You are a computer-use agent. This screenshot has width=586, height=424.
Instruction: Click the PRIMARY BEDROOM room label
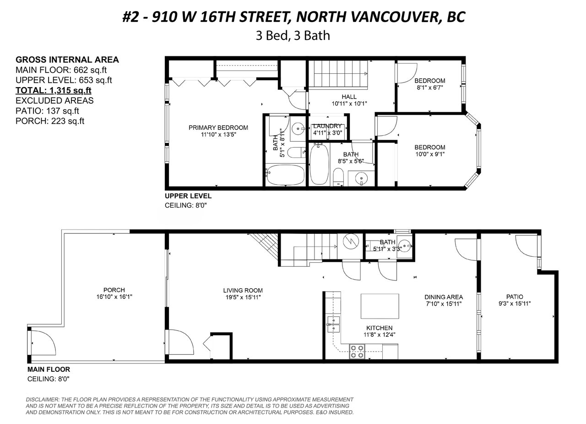point(218,127)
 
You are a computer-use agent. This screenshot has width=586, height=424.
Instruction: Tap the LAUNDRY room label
point(327,126)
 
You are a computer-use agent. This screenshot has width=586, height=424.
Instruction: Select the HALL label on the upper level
point(349,97)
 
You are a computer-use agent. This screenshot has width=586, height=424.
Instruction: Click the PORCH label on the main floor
point(114,290)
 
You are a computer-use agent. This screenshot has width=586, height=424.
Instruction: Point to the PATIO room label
point(515,297)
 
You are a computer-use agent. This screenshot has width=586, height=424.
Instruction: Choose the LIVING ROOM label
point(243,290)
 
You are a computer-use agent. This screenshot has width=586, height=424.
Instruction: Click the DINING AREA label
point(444,297)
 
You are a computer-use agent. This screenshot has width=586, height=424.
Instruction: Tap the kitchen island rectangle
point(380,306)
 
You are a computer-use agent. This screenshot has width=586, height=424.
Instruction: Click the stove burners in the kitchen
point(357,351)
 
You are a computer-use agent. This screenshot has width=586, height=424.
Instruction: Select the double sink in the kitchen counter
point(334,324)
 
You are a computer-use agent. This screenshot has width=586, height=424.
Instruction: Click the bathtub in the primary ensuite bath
point(285,175)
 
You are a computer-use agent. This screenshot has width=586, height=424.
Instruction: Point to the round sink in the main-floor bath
point(405,246)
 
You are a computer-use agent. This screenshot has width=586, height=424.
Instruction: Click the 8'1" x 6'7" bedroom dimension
point(429,88)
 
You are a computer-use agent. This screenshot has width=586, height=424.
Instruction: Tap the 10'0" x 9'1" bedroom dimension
point(430,154)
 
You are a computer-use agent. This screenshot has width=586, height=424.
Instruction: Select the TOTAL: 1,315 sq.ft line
point(54,90)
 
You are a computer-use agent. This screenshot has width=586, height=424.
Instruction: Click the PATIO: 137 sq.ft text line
point(47,111)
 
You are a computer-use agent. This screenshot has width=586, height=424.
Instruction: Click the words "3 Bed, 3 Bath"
point(293,36)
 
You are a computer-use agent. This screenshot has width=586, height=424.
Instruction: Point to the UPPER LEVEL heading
point(188,196)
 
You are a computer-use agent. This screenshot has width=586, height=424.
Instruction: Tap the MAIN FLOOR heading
point(49,369)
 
